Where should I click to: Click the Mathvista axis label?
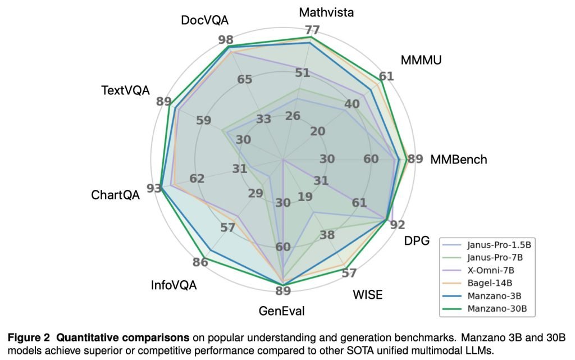[x=326, y=12]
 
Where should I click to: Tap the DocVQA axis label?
[x=204, y=21]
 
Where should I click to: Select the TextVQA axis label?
[x=125, y=90]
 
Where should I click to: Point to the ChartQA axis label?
[x=115, y=195]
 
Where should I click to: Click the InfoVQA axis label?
[x=174, y=285]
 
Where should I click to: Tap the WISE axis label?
[x=367, y=295]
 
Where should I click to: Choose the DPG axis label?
[x=417, y=241]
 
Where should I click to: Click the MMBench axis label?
[x=458, y=160]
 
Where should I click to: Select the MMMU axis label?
[x=421, y=60]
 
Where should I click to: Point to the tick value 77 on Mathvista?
[x=312, y=30]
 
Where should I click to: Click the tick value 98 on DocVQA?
[x=226, y=40]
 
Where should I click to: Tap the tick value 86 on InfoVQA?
[x=200, y=262]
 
